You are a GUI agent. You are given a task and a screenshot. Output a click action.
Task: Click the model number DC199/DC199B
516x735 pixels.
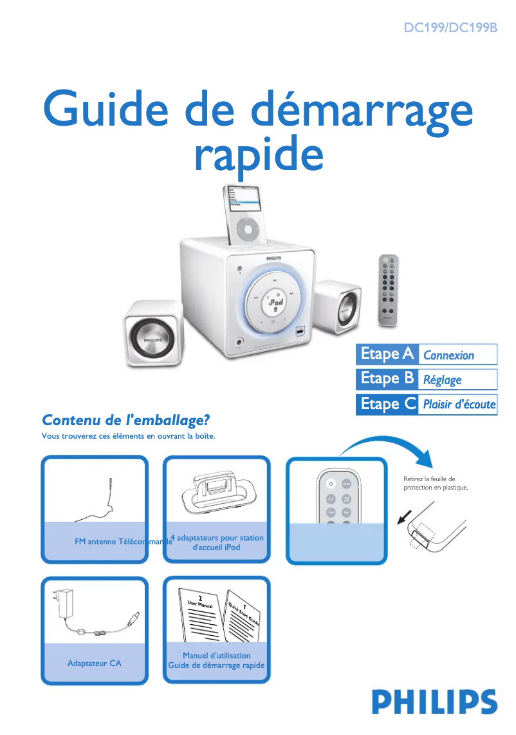450,28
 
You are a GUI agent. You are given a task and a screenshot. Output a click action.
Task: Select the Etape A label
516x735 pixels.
387,354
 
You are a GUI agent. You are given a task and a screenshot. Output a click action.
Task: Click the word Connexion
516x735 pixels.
448,356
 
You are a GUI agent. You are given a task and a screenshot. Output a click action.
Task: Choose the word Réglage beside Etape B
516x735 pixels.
442,380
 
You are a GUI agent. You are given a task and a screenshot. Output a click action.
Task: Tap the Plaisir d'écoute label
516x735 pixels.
459,405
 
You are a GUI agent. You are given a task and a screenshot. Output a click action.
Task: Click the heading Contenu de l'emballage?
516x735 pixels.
126,421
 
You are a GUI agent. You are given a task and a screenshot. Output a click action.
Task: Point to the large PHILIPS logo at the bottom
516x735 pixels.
434,702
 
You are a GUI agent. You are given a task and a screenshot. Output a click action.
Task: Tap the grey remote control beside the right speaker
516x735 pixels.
388,288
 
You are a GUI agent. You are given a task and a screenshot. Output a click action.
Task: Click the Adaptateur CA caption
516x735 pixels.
94,663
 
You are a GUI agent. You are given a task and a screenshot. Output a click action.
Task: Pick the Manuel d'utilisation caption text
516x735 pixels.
216,656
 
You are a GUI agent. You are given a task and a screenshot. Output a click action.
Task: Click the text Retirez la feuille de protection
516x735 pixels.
436,483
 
